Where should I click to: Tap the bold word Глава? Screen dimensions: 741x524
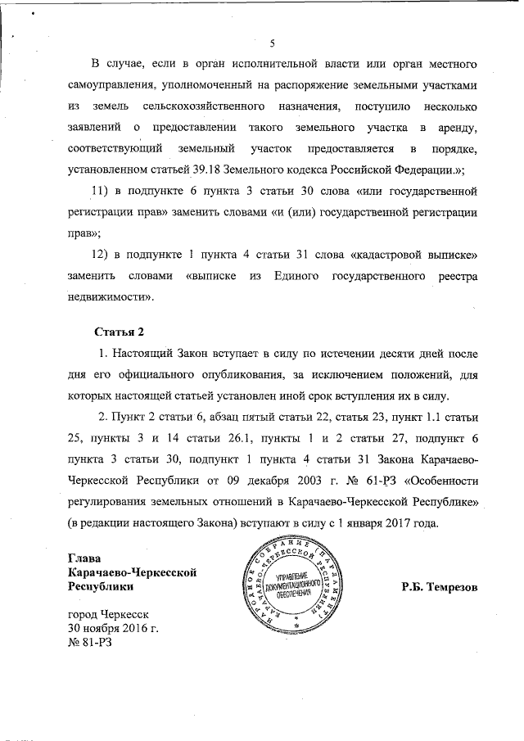pyautogui.click(x=86, y=558)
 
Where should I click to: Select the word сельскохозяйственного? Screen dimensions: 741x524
pyautogui.click(x=201, y=106)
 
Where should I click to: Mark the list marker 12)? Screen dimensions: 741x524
pyautogui.click(x=101, y=255)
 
